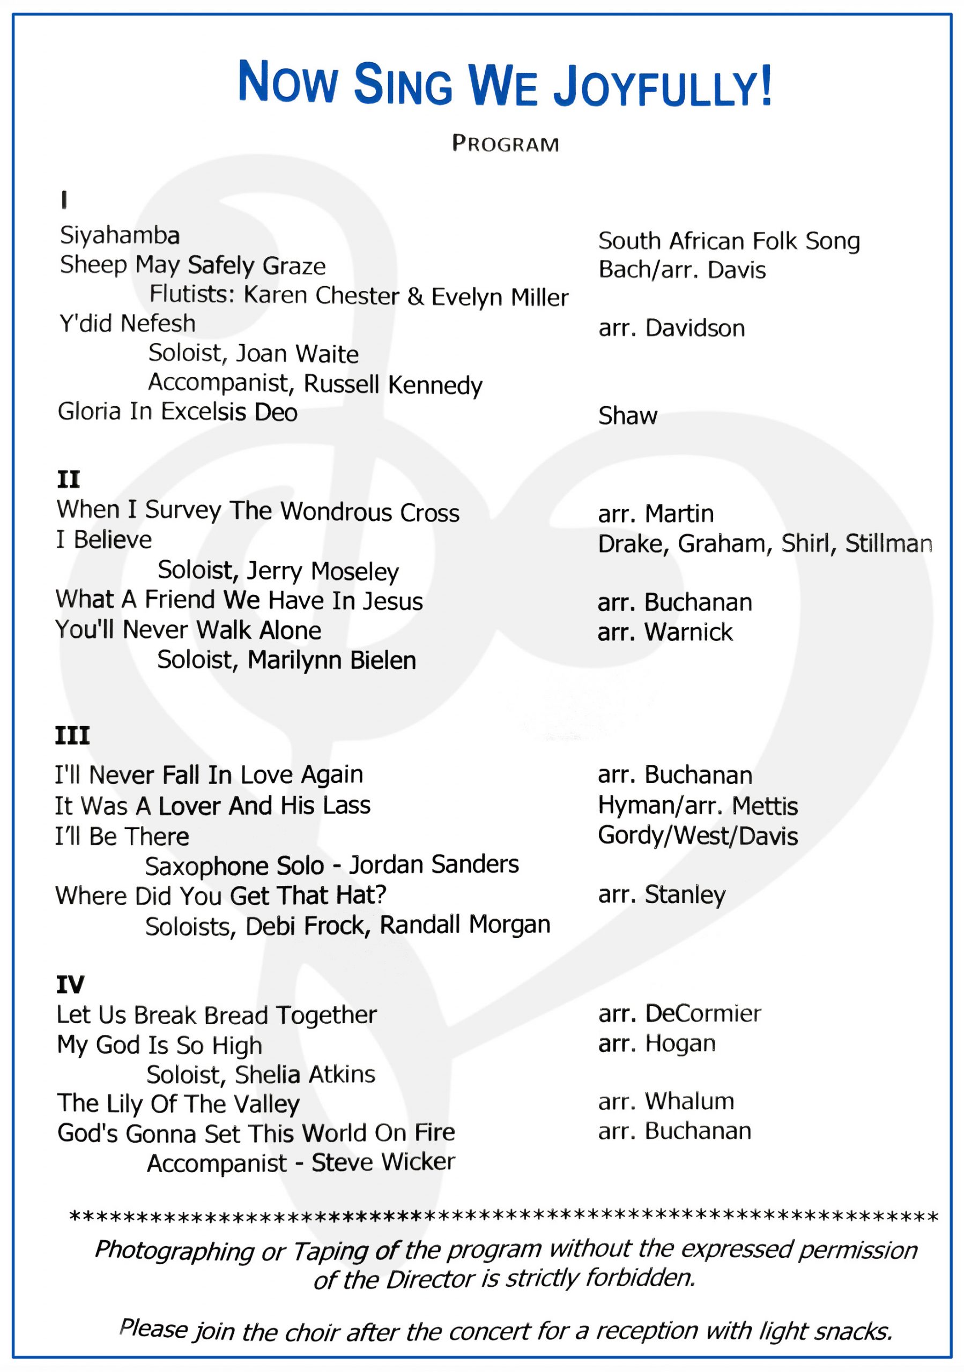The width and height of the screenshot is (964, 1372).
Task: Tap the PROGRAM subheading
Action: (x=505, y=144)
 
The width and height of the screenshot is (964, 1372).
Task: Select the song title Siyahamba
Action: (x=120, y=235)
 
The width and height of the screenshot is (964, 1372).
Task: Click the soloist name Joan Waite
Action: (x=297, y=354)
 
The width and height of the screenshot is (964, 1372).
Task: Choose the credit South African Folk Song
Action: (x=729, y=241)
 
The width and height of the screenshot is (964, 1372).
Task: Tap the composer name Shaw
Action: (x=627, y=416)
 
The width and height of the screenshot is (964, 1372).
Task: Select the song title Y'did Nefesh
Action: (x=127, y=323)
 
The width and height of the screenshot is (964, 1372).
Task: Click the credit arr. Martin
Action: (x=656, y=513)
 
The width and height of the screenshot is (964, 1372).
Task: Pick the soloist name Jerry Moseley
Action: (x=323, y=571)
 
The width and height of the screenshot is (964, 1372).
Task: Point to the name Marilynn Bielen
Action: (x=332, y=660)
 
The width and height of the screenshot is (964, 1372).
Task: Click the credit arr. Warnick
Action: (x=665, y=632)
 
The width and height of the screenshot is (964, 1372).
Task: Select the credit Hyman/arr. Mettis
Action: (x=698, y=806)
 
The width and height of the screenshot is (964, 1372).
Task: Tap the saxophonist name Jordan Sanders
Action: (x=434, y=864)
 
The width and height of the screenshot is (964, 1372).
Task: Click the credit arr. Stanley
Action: (x=662, y=894)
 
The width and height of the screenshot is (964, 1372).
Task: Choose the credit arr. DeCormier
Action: (x=679, y=1013)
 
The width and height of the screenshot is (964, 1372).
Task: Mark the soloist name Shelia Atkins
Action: (x=305, y=1074)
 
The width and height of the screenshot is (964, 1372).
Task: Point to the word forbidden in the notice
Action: (x=640, y=1278)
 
